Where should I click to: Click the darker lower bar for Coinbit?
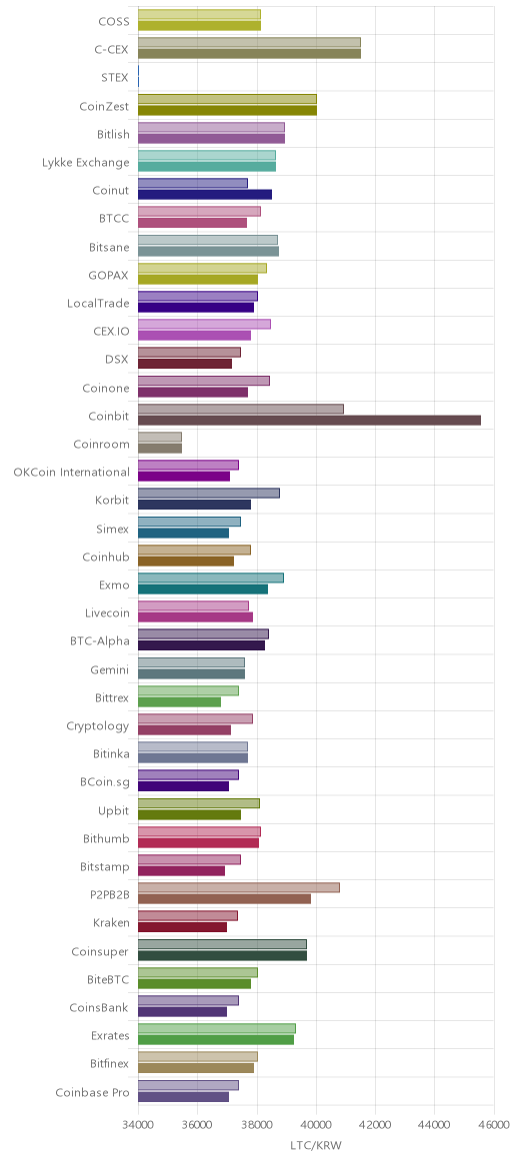pos(309,421)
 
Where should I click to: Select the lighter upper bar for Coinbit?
pos(241,409)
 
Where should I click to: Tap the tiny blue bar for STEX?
pos(139,76)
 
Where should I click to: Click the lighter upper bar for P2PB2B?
pos(239,888)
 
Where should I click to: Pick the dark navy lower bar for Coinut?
pos(205,194)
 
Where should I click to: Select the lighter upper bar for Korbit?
pos(209,494)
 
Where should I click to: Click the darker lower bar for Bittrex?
pos(180,701)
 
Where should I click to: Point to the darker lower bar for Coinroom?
pos(160,448)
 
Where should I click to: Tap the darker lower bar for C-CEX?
pos(249,53)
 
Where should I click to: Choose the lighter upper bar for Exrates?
pos(217,1028)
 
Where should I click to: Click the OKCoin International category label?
pos(71,473)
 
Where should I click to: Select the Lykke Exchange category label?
pos(85,163)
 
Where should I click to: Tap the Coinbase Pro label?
pos(92,1092)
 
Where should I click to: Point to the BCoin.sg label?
pos(105,782)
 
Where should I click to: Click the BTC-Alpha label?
pos(99,641)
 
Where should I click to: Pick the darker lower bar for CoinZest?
pos(227,111)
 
